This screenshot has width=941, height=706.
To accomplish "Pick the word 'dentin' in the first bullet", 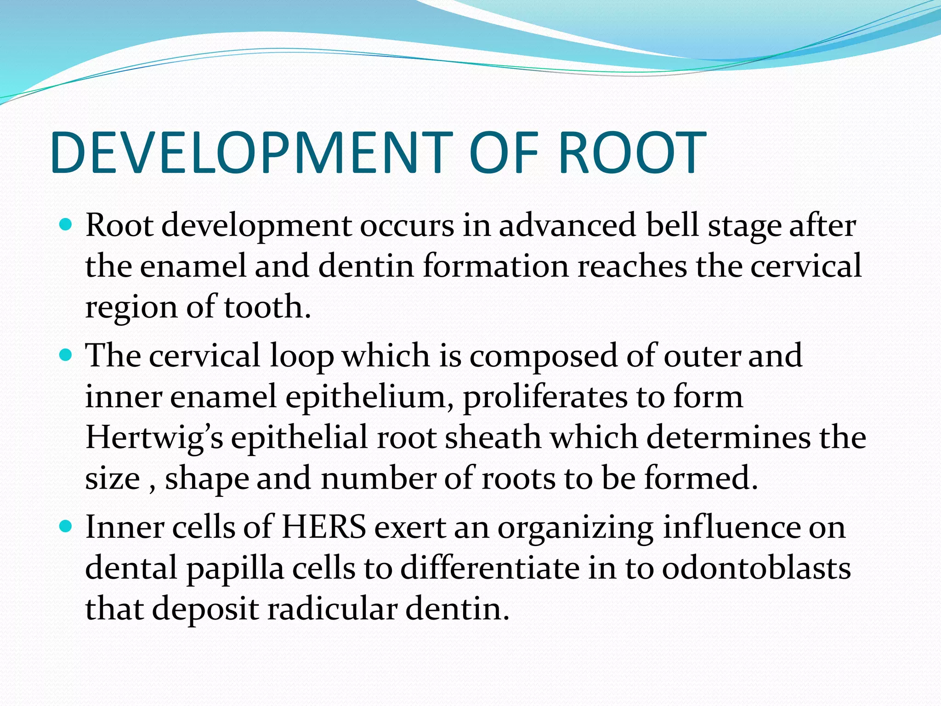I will coord(366,266).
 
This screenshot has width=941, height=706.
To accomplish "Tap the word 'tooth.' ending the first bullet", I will coord(267,307).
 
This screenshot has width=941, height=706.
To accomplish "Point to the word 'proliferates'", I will coord(545,397).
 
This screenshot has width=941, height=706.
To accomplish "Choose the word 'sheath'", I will coord(493,437).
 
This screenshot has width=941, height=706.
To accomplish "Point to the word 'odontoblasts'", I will coord(756,568).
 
